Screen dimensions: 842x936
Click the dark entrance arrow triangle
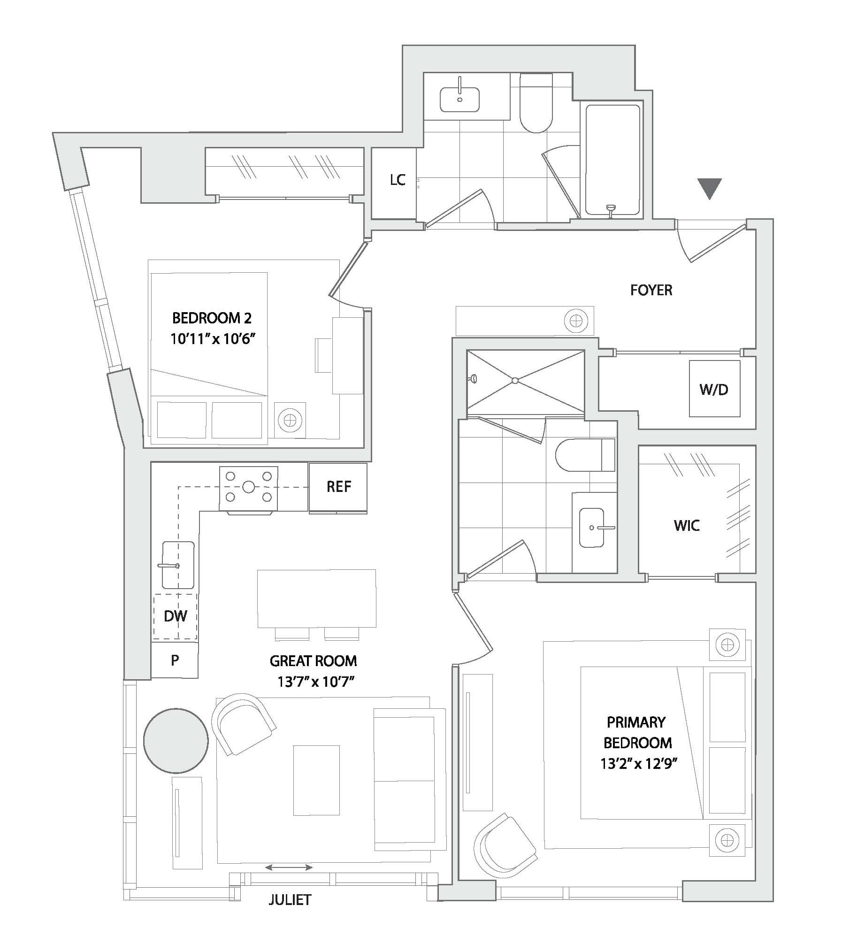pos(709,188)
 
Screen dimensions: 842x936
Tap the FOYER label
pos(651,290)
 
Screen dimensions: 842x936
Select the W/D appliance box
pos(714,389)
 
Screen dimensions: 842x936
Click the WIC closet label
pos(687,525)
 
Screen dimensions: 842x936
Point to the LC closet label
pos(398,180)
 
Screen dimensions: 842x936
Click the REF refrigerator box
pos(338,487)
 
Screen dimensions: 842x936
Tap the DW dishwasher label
pos(176,616)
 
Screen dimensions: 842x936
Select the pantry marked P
pos(175,660)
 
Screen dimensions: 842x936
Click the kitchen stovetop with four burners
pos(248,488)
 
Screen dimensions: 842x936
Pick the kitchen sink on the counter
pos(178,565)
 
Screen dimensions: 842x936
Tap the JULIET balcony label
pos(290,900)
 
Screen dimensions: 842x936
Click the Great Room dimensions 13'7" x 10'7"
pos(315,682)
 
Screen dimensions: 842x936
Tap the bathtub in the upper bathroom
pos(612,160)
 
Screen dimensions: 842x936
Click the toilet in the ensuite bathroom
pos(585,455)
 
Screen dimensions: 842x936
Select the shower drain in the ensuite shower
pos(515,380)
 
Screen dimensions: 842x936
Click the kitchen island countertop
pos(316,598)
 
